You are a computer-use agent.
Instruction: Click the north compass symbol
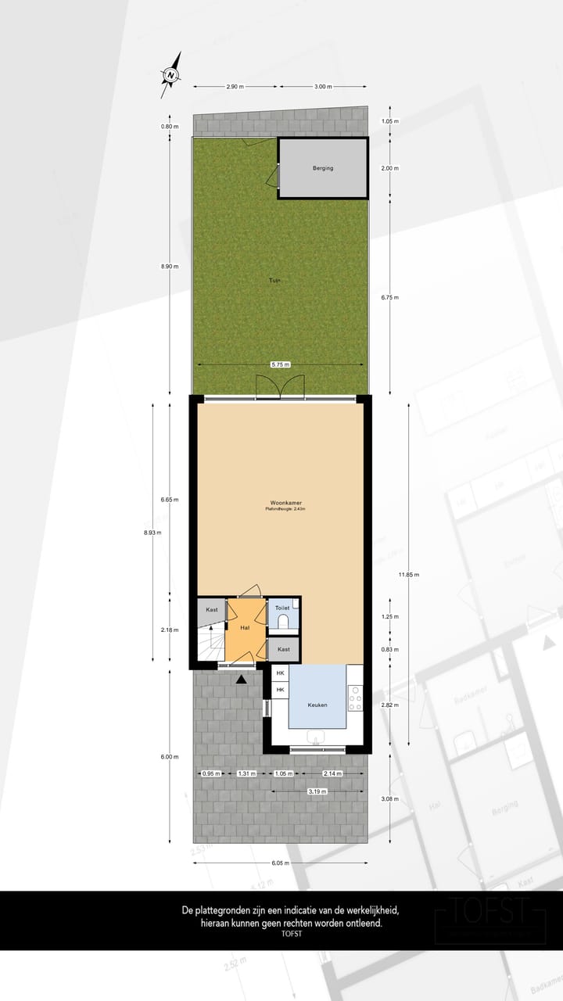coord(171,75)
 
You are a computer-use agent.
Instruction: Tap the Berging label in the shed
coord(323,168)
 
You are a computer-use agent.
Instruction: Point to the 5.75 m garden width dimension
coord(281,364)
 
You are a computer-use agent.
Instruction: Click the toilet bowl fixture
coord(283,622)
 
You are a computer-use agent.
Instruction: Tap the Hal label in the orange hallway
coord(245,628)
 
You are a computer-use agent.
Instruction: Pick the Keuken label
coord(317,705)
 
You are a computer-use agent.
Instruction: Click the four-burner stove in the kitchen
coord(355,698)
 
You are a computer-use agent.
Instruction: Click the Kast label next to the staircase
coord(211,610)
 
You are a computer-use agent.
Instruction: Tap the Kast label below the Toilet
coord(284,650)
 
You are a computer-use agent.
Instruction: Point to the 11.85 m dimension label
coord(408,575)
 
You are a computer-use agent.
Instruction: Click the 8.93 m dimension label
coord(152,533)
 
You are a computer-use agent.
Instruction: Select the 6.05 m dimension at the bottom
coord(281,863)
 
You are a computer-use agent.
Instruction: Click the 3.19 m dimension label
coord(317,791)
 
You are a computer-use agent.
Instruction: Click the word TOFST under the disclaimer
coord(291,934)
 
